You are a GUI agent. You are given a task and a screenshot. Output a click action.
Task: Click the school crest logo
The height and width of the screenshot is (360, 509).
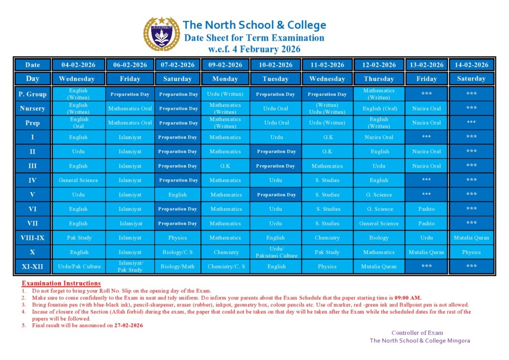[x=161, y=34]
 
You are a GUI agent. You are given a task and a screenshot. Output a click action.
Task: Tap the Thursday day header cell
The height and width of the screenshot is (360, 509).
[x=379, y=79]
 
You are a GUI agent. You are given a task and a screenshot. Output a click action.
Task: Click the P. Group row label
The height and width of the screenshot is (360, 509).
[x=32, y=94]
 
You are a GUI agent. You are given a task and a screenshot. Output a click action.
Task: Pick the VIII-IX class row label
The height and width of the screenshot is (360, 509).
[x=32, y=238]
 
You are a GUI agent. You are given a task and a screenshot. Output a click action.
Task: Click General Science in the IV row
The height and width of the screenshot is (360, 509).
[x=79, y=180]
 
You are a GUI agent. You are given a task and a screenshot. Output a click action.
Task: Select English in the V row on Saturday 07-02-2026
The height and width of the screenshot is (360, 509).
[x=177, y=195]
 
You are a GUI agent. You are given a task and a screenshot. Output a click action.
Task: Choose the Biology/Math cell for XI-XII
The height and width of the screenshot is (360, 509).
[x=177, y=267]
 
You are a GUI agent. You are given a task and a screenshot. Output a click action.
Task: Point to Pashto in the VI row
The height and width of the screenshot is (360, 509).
[x=426, y=209]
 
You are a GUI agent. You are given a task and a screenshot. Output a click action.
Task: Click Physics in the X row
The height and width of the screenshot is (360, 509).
[x=471, y=252]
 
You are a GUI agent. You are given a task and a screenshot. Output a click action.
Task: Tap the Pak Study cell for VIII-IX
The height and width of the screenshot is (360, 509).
[x=79, y=238]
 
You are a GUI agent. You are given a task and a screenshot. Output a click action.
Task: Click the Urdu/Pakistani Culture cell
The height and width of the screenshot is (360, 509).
[x=276, y=252]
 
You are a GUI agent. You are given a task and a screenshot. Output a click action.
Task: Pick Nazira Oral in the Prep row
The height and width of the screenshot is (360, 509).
[x=426, y=123]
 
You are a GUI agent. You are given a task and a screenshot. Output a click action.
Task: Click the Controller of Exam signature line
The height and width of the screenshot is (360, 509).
[x=417, y=333]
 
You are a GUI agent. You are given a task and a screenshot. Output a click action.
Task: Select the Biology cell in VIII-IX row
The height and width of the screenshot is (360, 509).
[x=379, y=238]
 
